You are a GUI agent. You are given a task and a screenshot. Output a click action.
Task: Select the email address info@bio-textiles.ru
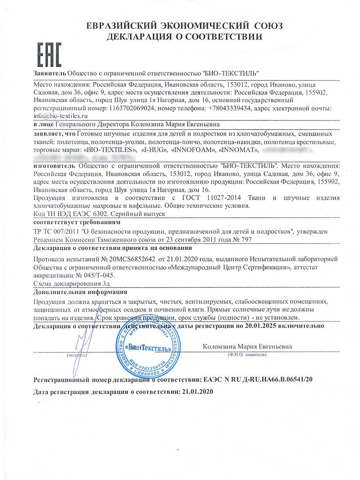[60, 116]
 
